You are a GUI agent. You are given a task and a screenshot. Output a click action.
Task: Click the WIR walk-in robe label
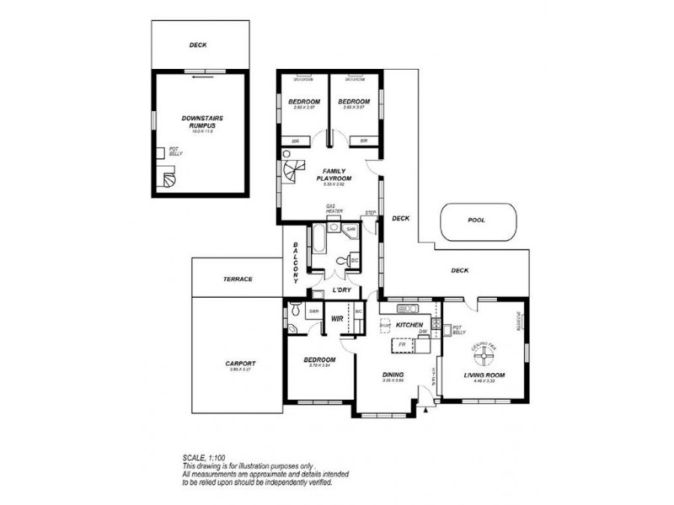pos(337,319)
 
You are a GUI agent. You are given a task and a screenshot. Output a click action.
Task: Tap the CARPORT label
pos(240,364)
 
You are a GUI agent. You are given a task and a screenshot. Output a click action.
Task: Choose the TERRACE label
pos(238,279)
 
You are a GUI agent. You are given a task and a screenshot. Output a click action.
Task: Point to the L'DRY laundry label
pos(341,290)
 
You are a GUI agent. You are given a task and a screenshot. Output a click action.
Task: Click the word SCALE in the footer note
pos(194,457)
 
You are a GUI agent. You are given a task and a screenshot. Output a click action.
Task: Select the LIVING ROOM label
pos(484,375)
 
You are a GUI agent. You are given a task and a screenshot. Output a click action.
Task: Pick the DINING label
pos(393,375)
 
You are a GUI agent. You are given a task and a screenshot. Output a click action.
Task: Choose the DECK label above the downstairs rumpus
pos(198,45)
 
